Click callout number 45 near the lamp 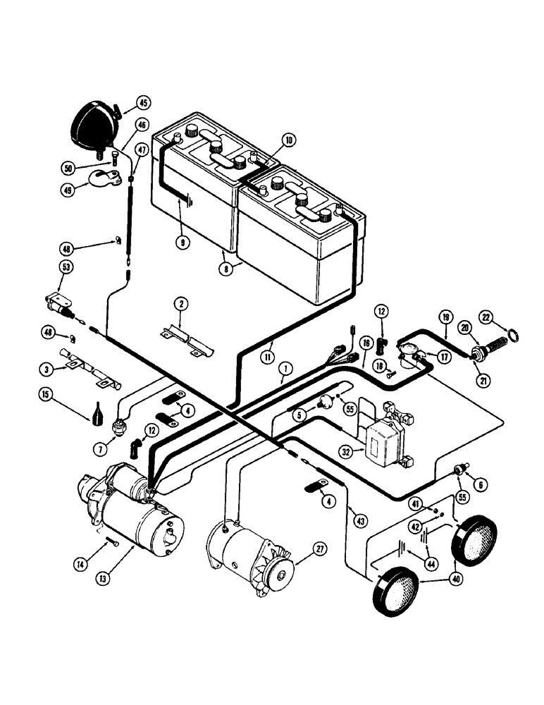[x=143, y=103]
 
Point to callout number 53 [x=66, y=268]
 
